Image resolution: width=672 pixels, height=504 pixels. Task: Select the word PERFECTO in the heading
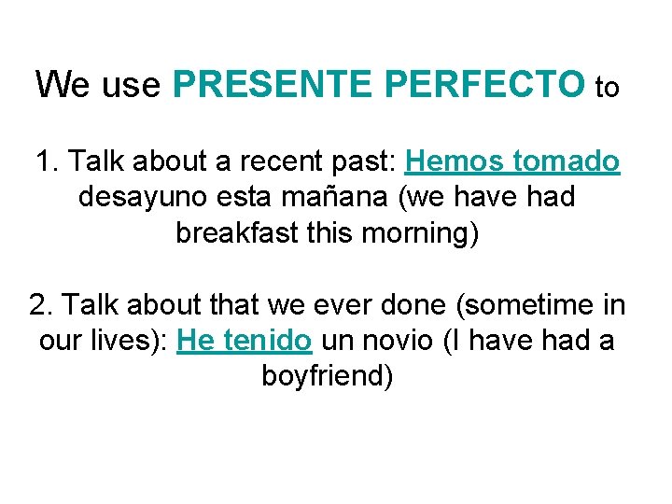(x=483, y=85)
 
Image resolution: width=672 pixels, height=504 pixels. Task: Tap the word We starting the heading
(x=62, y=85)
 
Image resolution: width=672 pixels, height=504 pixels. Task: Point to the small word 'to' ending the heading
(x=607, y=89)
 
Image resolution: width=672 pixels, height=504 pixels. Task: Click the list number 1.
(x=43, y=161)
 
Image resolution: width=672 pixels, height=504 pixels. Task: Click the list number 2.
(x=38, y=305)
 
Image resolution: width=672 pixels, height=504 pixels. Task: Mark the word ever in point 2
(x=365, y=305)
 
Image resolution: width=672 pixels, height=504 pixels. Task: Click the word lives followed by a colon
(x=126, y=341)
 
